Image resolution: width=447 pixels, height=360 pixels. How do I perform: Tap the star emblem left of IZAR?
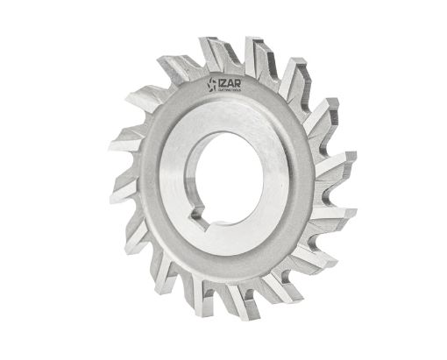coord(211,85)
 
